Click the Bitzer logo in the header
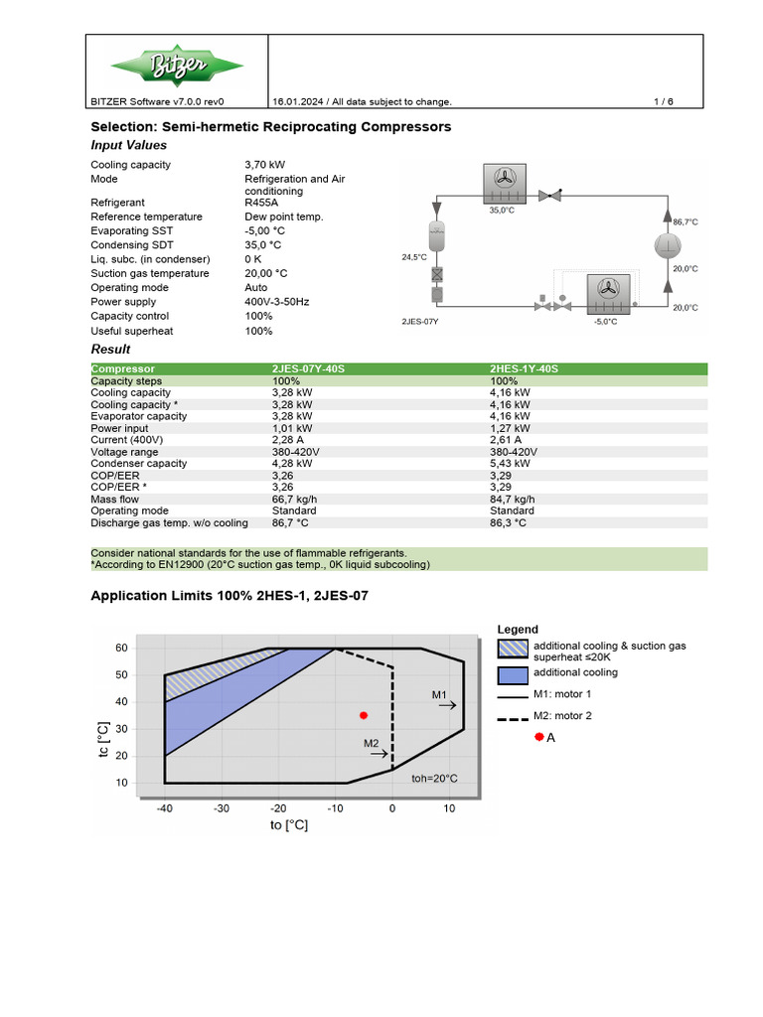tap(176, 67)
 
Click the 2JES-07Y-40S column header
tap(308, 368)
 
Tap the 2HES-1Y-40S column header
tap(525, 368)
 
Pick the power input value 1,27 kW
tap(512, 428)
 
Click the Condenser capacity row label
tap(138, 464)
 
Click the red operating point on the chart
tap(364, 715)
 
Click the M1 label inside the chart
tap(441, 694)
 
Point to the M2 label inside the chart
tap(371, 743)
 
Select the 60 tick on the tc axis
tap(122, 648)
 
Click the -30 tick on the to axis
tap(222, 809)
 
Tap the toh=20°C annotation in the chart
tap(434, 779)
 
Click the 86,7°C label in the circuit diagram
tap(686, 222)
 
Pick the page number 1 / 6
tap(664, 101)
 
